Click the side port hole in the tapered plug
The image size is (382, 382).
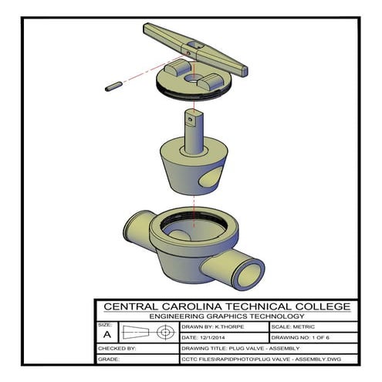tap(207, 183)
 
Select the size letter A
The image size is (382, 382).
tap(106, 335)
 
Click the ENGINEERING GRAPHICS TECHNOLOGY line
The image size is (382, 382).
tap(226, 316)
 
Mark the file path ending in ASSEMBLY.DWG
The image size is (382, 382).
tap(259, 360)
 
